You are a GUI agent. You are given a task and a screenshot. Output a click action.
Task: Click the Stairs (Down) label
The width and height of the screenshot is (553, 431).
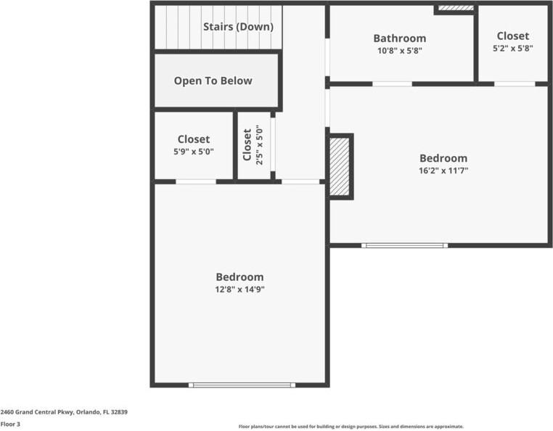238,27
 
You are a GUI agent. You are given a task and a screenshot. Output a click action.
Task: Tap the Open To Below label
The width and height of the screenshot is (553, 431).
213,81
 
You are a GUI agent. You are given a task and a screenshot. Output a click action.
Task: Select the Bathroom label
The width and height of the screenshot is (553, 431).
399,38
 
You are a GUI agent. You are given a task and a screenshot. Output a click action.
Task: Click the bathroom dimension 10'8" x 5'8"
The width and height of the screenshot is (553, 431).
399,51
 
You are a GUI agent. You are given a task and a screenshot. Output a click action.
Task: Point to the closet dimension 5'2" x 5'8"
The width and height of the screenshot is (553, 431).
512,48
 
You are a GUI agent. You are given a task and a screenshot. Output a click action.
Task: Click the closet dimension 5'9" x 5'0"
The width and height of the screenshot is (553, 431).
193,152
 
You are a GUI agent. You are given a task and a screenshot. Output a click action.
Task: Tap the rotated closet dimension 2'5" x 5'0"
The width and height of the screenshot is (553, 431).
259,145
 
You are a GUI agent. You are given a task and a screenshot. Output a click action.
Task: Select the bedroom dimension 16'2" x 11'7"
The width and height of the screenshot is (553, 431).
443,171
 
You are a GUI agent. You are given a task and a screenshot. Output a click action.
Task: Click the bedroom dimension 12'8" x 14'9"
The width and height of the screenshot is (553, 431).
239,289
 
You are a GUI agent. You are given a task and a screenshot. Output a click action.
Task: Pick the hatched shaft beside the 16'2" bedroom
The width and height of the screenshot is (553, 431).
340,166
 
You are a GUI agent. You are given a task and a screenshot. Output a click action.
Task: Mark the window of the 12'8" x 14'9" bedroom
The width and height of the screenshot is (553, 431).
242,385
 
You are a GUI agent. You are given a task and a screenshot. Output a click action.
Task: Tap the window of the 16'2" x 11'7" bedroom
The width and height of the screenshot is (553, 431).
405,245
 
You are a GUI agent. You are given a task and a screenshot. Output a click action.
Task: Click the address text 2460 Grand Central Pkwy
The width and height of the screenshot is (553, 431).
64,411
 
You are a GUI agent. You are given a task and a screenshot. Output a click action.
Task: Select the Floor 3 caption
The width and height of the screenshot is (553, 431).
10,424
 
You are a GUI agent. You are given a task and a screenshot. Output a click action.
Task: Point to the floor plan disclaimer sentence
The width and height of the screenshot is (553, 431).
351,427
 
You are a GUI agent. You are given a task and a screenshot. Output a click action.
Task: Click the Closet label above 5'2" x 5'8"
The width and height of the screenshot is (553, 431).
512,36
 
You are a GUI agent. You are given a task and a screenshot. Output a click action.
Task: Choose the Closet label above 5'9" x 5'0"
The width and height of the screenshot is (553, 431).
193,139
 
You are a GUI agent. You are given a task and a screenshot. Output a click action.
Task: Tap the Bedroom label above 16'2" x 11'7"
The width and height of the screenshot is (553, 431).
443,158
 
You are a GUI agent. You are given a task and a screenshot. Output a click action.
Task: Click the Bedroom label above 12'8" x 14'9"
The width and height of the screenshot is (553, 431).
239,276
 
